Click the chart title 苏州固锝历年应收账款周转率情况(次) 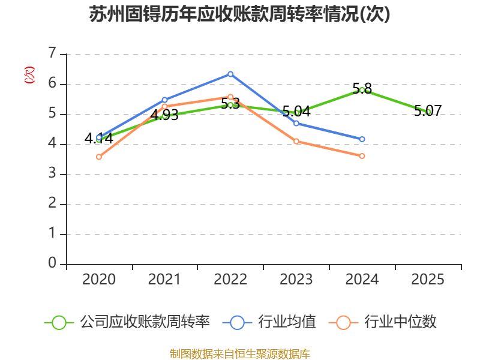pos(239,14)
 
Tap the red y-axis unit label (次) pos(29,75)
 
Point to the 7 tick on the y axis pos(52,53)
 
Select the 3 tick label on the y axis pos(52,173)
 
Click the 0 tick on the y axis pos(52,263)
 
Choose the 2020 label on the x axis pos(99,279)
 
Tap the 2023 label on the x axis pos(296,279)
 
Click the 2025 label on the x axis pos(428,279)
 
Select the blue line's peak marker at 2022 pos(230,74)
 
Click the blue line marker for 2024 pos(362,139)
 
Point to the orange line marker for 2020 pos(99,157)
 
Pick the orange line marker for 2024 pos(362,156)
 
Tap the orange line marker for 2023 pos(296,142)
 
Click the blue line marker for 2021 pos(164,100)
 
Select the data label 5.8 pos(362,89)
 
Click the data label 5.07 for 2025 pos(428,111)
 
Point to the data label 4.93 pos(164,115)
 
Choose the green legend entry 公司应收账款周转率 pos(127,322)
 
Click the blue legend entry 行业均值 pos(269,322)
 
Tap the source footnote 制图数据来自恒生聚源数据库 pos(240,354)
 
